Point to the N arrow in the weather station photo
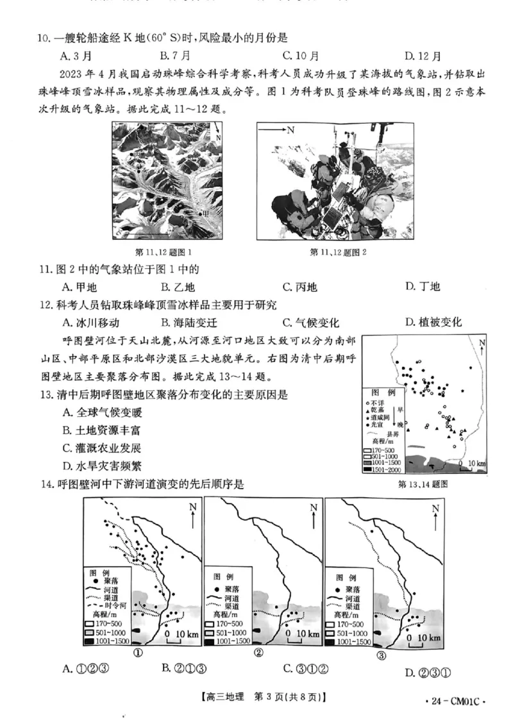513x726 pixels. point(282,130)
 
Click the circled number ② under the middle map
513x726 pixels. point(258,653)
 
